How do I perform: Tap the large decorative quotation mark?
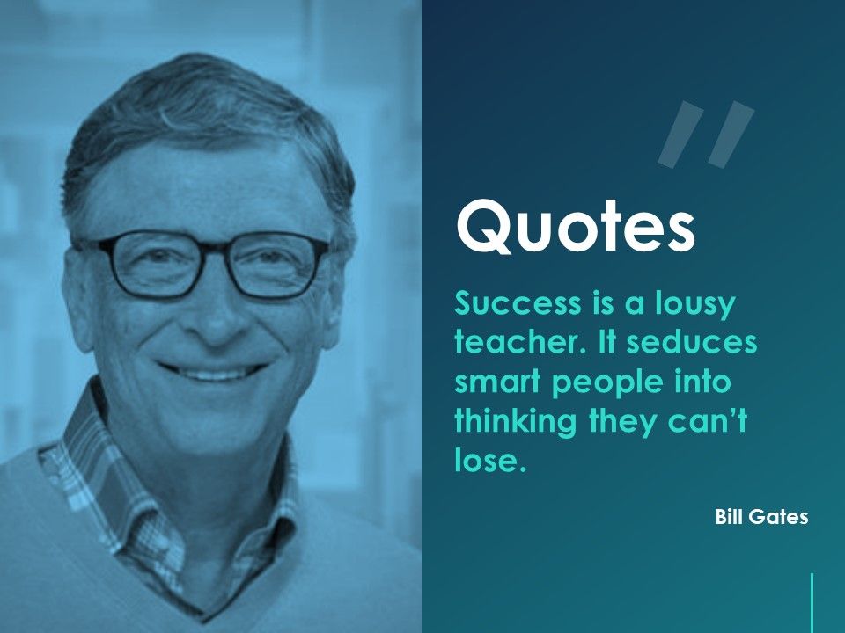[x=706, y=135]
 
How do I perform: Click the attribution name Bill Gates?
[x=761, y=517]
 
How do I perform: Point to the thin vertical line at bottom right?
[x=812, y=602]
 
